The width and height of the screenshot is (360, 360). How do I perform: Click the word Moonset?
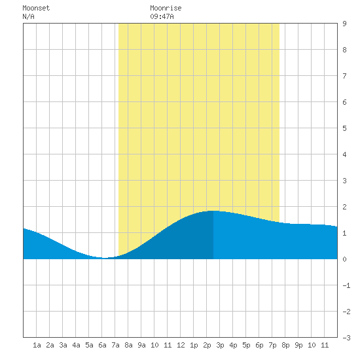tap(36, 9)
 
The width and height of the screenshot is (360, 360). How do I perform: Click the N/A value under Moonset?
tap(28, 16)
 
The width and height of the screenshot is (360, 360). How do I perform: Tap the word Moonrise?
tap(166, 9)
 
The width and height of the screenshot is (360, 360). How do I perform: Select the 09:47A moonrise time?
tap(162, 16)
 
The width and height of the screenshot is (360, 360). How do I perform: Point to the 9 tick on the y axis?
tap(344, 24)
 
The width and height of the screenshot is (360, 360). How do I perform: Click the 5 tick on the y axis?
tap(344, 128)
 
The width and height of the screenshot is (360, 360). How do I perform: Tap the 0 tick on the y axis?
tap(344, 259)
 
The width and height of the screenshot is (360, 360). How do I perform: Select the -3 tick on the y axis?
tap(346, 338)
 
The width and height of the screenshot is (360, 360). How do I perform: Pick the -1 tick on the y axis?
tap(346, 285)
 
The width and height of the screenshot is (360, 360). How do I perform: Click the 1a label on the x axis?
tap(37, 345)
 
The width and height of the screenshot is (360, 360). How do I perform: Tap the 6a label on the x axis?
tap(102, 345)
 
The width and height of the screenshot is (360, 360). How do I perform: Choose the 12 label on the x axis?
tap(181, 345)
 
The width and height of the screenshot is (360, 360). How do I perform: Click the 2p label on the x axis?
tap(207, 345)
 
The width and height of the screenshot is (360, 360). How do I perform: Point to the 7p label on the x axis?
tap(272, 345)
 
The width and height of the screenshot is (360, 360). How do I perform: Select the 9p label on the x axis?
tap(298, 345)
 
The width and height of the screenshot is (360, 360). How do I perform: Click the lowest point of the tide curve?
tap(104, 258)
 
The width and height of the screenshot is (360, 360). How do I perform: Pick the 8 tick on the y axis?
tap(344, 50)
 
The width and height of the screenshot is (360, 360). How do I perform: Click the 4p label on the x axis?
tap(233, 345)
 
